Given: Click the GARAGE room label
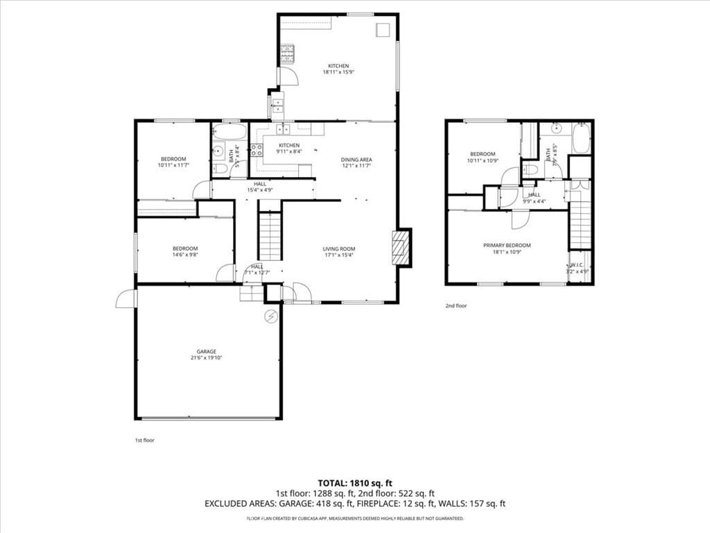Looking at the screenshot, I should (206, 351).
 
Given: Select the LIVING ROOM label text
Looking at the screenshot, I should (339, 249).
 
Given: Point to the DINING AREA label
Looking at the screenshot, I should (356, 160).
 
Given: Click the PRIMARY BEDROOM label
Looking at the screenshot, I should (507, 245).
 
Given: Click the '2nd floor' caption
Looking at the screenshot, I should (456, 305).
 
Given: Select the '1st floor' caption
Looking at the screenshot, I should (145, 440).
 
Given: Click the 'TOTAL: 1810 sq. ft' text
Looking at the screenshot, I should (355, 482).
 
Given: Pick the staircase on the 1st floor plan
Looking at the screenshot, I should (269, 236).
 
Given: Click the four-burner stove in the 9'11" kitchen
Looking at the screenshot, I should (257, 151).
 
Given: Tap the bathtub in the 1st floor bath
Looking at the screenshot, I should (229, 131).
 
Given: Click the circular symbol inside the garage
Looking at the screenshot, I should (270, 316).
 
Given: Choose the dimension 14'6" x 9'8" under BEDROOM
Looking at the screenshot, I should (185, 255).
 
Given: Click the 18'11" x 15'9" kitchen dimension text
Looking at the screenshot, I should (338, 72).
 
